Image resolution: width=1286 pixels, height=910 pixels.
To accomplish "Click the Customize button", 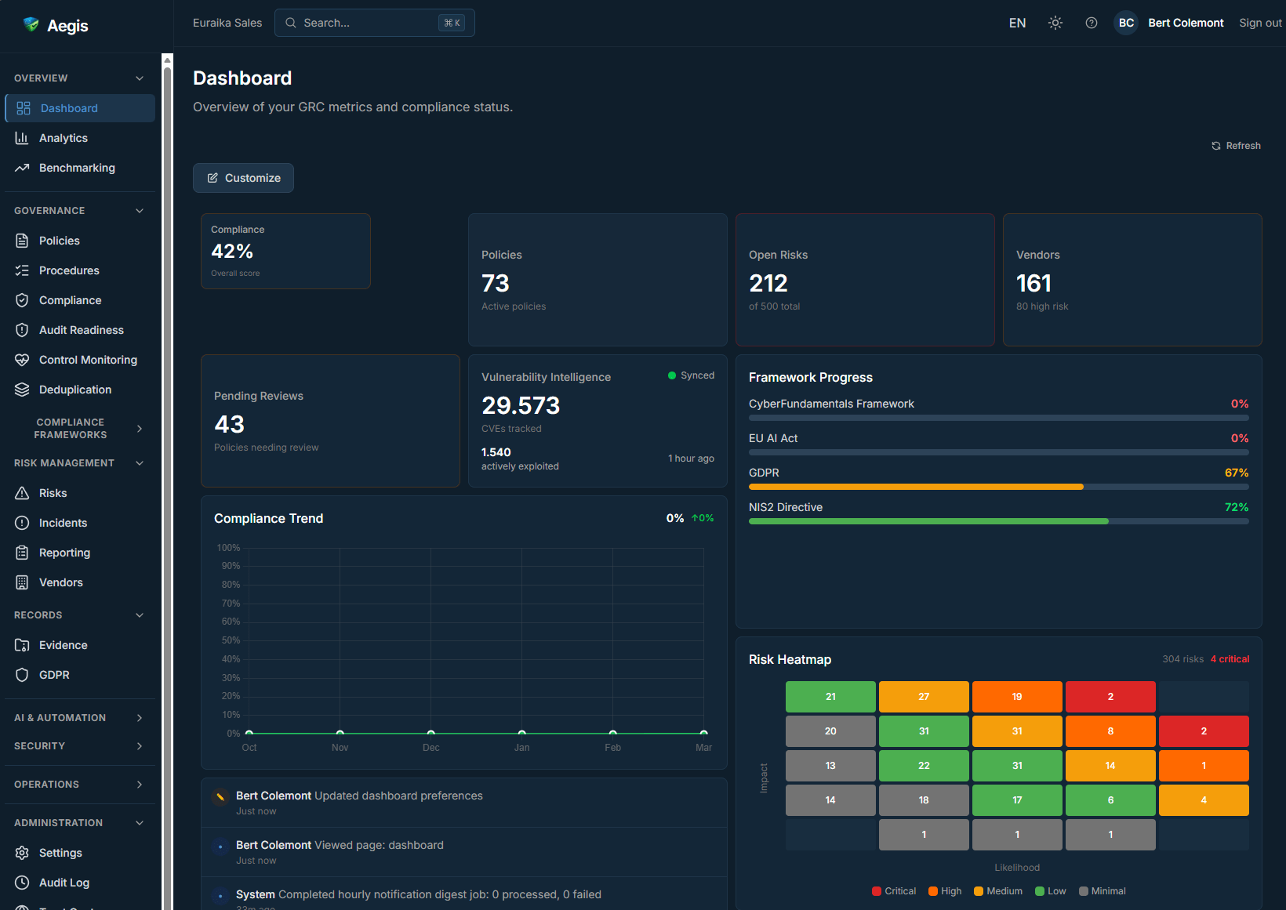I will (x=243, y=178).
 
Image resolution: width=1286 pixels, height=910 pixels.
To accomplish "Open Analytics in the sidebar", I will (x=63, y=138).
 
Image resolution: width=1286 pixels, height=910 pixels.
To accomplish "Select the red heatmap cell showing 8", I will (x=1110, y=731).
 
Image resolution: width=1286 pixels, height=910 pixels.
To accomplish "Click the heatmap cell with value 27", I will (x=924, y=697).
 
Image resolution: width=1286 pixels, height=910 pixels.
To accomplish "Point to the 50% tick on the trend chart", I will (x=231, y=640).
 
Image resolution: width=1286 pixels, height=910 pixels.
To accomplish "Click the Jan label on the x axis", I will (x=521, y=748).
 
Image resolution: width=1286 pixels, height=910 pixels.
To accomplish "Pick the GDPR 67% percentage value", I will (x=1236, y=473).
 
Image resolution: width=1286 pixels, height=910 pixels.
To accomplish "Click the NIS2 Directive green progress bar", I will (x=928, y=521).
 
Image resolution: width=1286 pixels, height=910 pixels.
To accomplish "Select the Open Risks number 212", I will (x=768, y=283).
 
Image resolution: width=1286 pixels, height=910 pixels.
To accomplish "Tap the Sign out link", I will (x=1259, y=23).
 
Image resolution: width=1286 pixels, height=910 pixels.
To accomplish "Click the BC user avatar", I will (x=1126, y=23).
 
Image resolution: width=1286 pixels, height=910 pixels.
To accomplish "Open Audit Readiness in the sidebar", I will (x=81, y=330).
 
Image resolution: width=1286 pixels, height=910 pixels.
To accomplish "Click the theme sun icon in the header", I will (x=1055, y=23).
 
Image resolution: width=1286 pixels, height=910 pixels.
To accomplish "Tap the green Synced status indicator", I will (x=691, y=375).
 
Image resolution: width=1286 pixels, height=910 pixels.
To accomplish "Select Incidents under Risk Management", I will (x=63, y=523).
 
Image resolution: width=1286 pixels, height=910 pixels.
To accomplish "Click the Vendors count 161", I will (x=1034, y=283).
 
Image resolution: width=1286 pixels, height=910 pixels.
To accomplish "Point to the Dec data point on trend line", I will (x=430, y=733).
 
